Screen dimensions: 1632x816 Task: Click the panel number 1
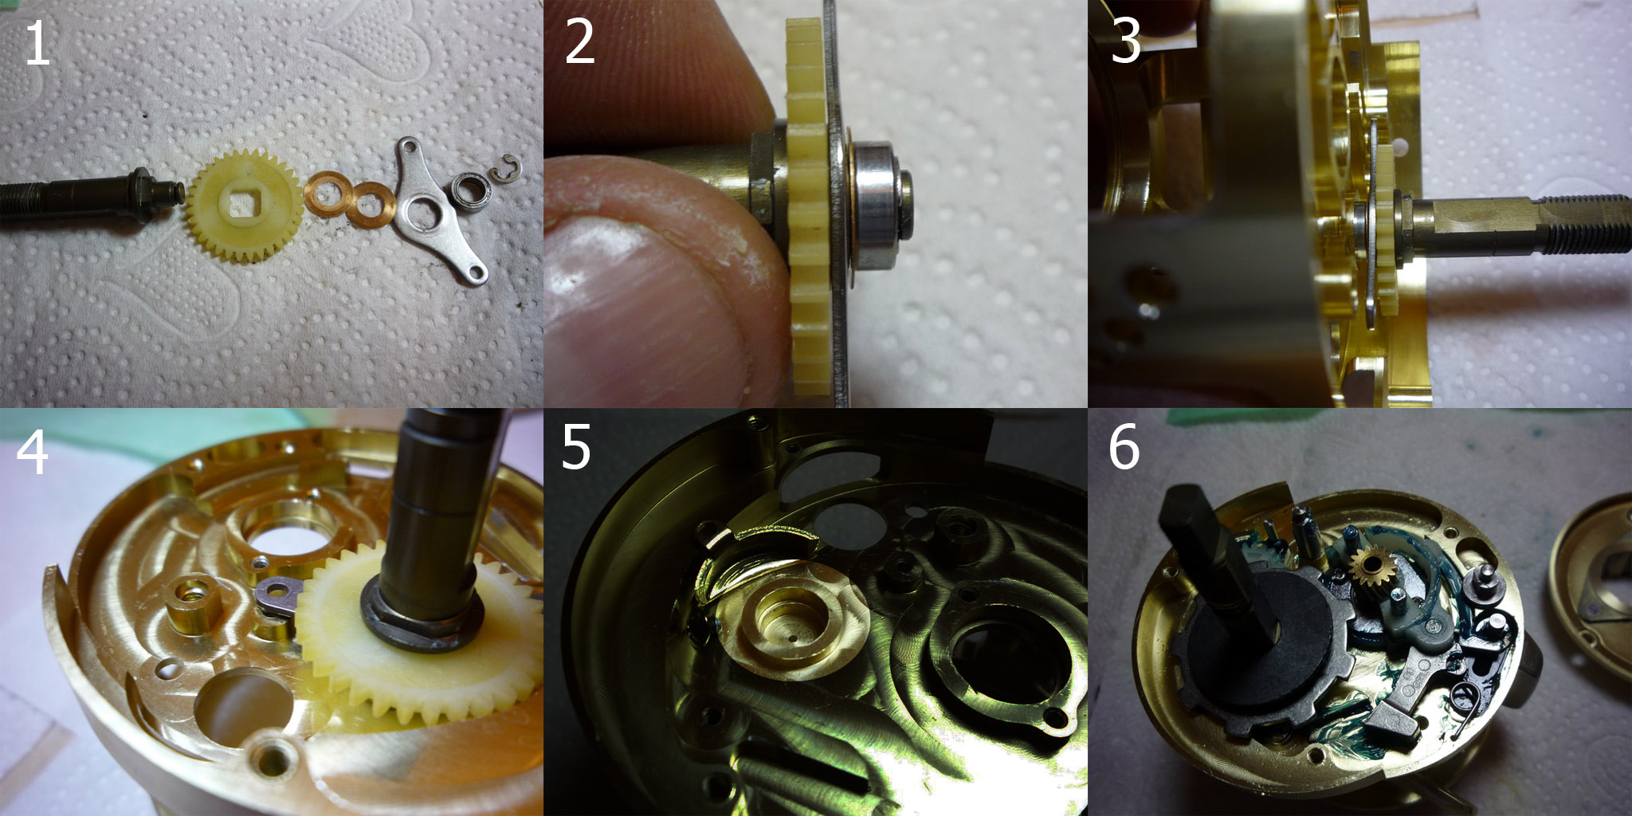37,43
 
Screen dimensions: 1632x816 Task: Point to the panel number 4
32,452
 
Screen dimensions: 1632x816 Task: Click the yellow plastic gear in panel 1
244,206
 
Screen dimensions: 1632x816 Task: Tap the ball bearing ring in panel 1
471,190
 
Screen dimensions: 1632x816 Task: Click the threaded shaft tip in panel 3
1586,225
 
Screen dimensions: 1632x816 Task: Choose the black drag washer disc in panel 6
1256,637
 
